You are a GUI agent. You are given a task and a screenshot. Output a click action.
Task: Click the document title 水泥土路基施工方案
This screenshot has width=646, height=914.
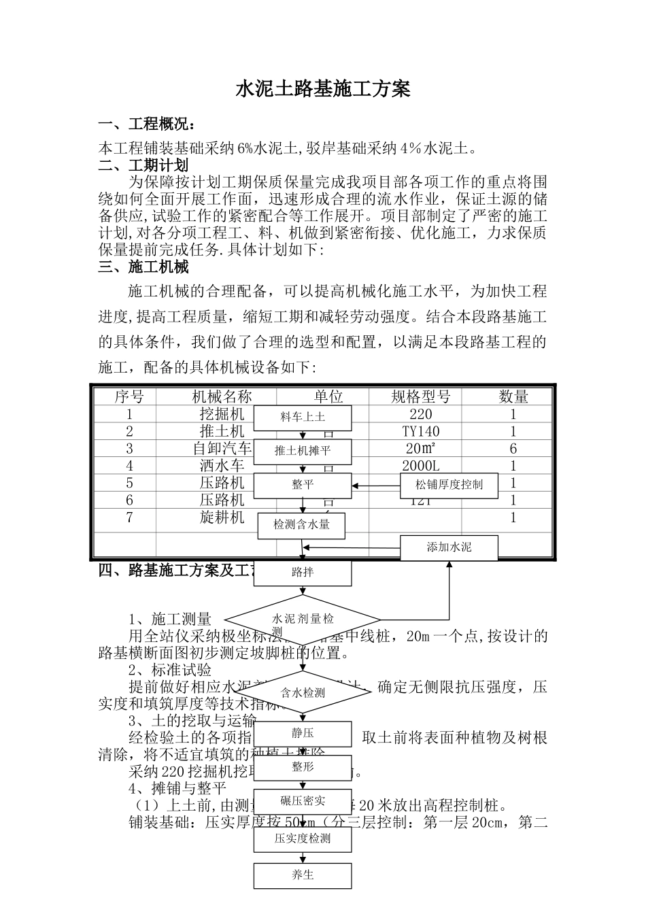pos(322,89)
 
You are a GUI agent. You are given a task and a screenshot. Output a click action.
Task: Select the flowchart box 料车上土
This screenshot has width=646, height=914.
pos(303,418)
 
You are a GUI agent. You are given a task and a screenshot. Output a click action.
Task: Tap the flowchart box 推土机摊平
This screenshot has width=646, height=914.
pos(303,451)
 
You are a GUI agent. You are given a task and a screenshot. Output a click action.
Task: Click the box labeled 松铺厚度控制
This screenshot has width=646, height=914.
pos(449,485)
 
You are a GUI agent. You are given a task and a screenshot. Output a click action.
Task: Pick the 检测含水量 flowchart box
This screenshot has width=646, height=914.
pos(302,525)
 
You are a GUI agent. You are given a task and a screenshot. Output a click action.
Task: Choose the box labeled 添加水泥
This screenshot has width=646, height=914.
pos(449,547)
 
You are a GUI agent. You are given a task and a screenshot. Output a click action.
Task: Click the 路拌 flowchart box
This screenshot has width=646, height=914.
pos(303,573)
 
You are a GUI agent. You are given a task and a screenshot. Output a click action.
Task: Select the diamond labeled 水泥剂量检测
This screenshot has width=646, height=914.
pos(303,620)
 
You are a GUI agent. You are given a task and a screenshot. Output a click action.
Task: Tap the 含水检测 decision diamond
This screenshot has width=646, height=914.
pos(303,693)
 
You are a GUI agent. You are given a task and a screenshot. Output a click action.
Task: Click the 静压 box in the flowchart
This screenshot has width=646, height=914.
pos(303,734)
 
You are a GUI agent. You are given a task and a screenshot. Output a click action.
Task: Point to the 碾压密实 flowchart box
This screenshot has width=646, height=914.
pos(303,801)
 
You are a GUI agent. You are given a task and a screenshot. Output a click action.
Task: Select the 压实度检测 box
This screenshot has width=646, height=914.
pos(303,839)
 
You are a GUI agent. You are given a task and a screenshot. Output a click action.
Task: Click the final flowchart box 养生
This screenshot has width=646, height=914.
pos(303,875)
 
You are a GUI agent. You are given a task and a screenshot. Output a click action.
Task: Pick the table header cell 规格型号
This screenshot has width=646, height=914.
pos(421,397)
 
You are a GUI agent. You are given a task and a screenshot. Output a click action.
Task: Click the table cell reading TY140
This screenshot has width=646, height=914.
pos(421,432)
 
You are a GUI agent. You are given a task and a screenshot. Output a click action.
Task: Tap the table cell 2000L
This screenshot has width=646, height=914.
pos(421,467)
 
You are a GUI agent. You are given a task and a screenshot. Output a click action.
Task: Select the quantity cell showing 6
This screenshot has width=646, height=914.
pos(513,449)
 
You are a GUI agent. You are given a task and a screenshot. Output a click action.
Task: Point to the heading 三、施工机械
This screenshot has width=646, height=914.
pos(143,267)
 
